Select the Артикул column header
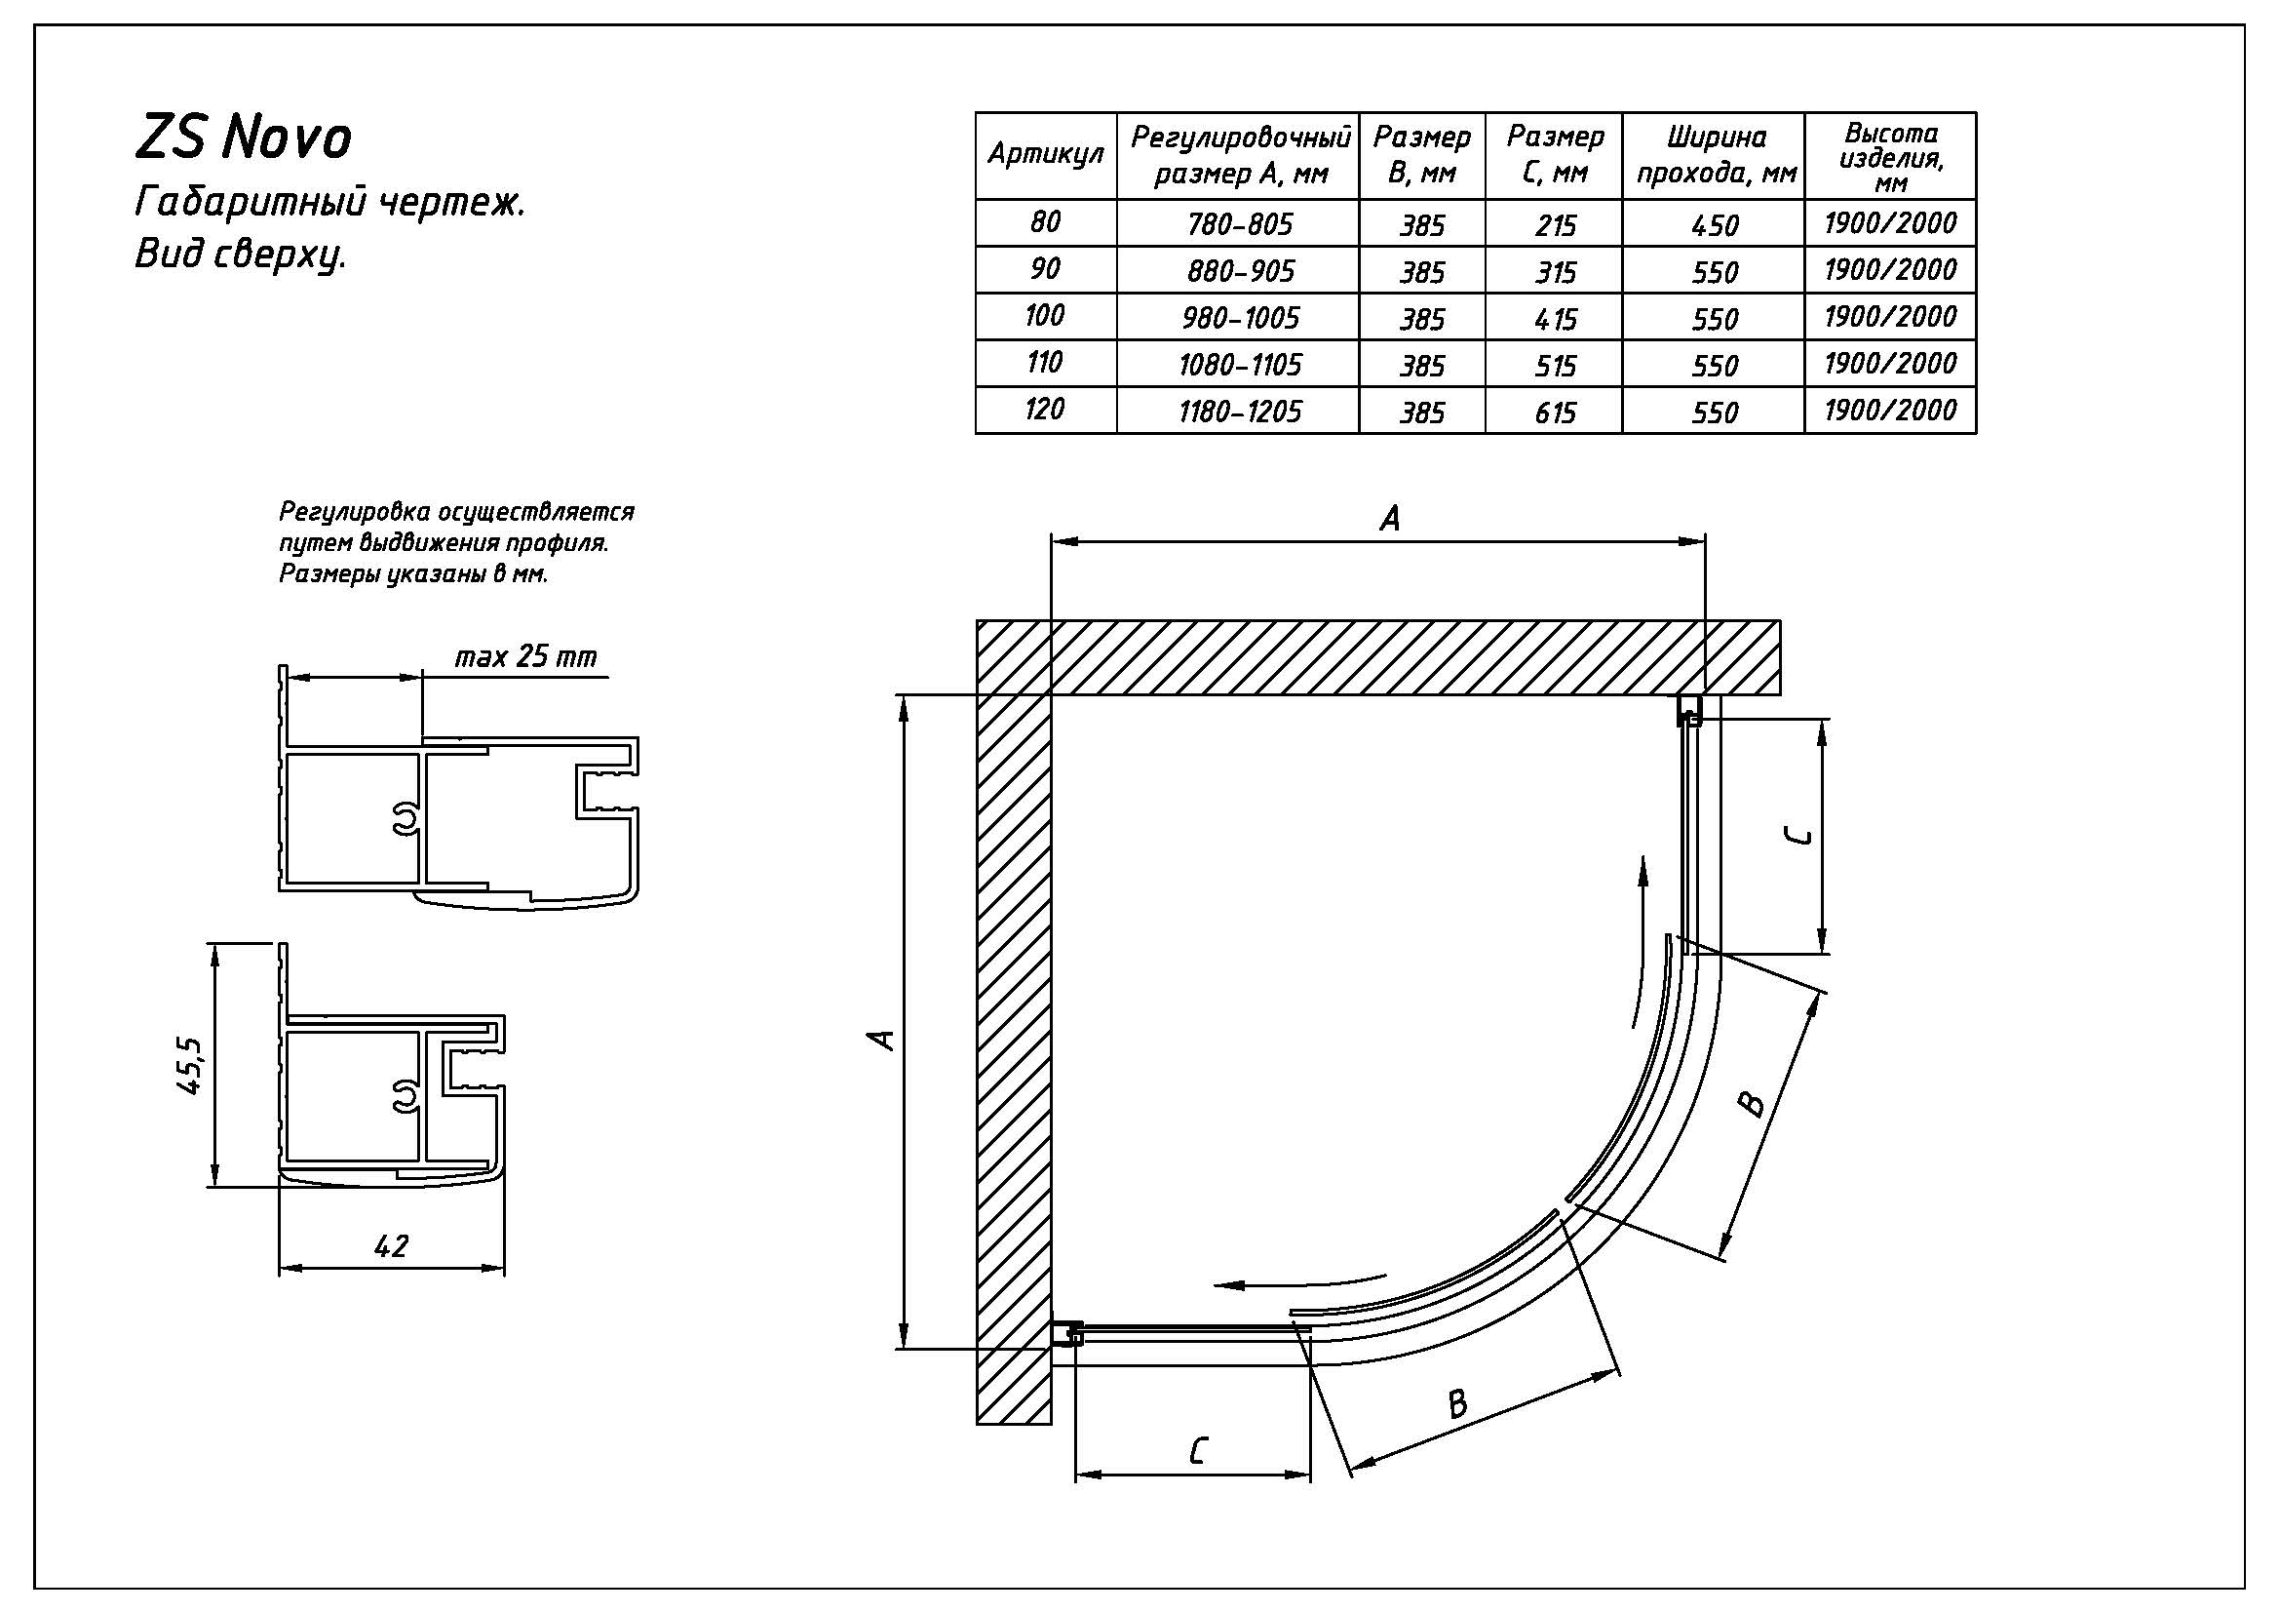click(x=1045, y=155)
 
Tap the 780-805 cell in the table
click(x=1239, y=224)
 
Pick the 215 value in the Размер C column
click(x=1554, y=225)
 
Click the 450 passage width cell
click(x=1714, y=225)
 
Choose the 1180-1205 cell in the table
click(x=1239, y=412)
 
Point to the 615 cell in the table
click(x=1554, y=413)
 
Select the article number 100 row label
click(x=1045, y=316)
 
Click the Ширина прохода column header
click(x=1715, y=155)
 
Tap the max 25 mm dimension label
click(x=525, y=657)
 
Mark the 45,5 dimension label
click(x=190, y=1065)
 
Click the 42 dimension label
click(x=391, y=1245)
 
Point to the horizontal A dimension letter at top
click(x=1390, y=519)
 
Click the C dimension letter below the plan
click(x=1198, y=1451)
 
